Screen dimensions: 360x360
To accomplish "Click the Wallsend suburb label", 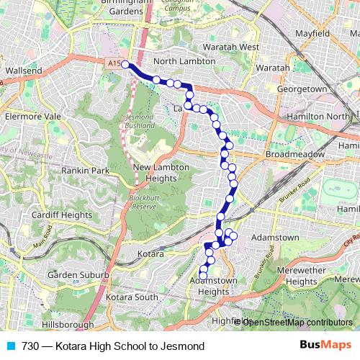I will pos(24,71).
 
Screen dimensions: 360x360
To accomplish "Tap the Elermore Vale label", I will pos(29,114).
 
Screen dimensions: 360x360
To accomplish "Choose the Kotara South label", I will pos(132,297).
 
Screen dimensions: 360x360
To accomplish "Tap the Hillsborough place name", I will pos(66,325).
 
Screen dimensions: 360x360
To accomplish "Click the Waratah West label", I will pos(230,47).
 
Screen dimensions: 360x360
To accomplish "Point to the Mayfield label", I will pos(312,33).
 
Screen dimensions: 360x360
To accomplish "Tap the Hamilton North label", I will pos(328,116).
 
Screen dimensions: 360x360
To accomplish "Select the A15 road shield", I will pos(113,63).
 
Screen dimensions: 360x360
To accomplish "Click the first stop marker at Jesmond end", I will pos(125,65).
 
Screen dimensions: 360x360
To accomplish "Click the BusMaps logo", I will pos(326,346).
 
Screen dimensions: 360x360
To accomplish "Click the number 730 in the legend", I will pos(30,346).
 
